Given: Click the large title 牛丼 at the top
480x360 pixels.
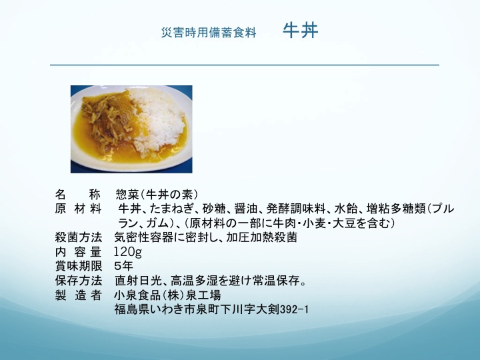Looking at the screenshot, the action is [300, 30].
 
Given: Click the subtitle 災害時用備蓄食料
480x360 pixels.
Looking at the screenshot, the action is [209, 33].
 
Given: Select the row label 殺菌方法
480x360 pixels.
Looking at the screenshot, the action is [79, 237].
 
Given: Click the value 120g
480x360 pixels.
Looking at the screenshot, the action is [127, 251].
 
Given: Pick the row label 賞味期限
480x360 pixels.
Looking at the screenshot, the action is [79, 266].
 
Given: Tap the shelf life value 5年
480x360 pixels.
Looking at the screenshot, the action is [124, 266].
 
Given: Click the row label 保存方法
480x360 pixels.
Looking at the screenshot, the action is [79, 281].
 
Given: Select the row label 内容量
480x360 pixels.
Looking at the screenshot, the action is [79, 251].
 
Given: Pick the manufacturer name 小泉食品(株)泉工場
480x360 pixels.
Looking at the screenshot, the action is [167, 295].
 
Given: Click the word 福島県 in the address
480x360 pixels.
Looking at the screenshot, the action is [132, 309].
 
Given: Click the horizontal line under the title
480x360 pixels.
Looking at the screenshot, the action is [245, 65].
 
